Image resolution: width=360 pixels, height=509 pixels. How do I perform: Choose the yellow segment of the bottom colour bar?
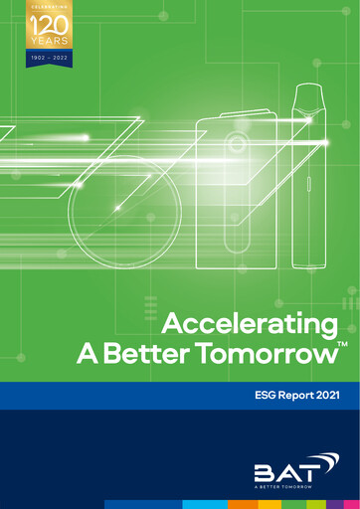[270, 504]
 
